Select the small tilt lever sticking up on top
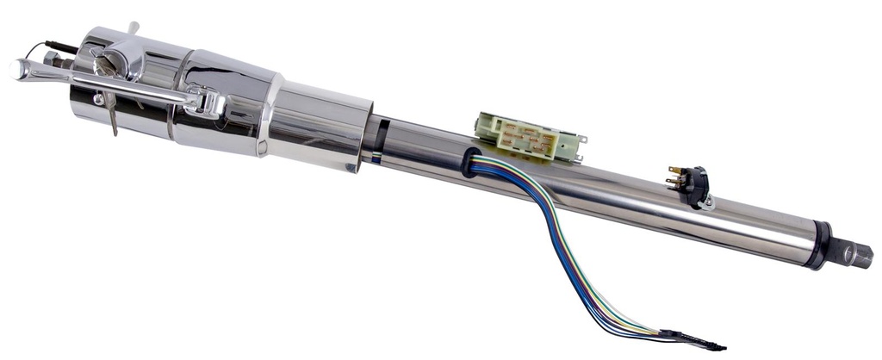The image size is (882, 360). point(133,29)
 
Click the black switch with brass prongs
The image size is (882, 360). point(693,183)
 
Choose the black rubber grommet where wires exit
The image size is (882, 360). point(470,162)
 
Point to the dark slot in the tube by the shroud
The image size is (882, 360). point(381,137)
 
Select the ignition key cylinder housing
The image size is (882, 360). point(121,60)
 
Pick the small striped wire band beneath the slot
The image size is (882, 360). point(377,158)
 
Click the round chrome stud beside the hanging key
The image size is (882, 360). point(98,99)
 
